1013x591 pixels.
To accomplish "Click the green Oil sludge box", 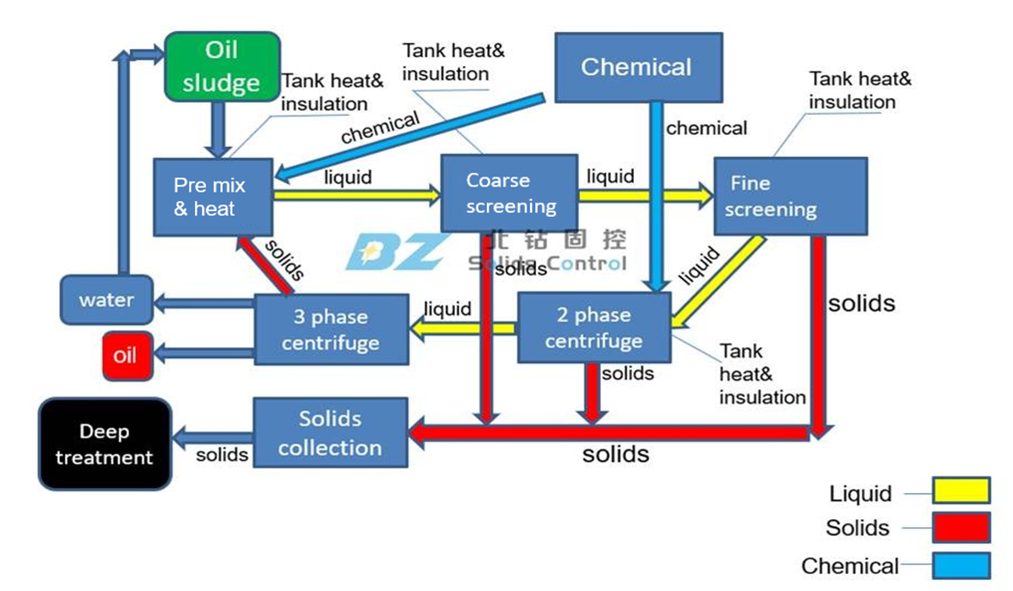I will (x=222, y=67).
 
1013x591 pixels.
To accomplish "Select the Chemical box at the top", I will (x=637, y=67).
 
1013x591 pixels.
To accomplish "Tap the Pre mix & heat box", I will (x=213, y=197).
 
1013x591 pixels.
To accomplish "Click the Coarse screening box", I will (x=509, y=193).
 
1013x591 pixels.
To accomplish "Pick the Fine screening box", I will (x=790, y=196).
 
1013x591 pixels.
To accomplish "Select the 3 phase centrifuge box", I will (x=331, y=329).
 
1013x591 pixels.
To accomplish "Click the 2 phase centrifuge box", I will (x=593, y=328).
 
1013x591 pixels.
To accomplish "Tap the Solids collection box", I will (x=330, y=433).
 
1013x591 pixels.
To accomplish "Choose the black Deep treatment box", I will (x=105, y=444).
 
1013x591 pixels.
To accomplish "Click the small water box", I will (x=106, y=300).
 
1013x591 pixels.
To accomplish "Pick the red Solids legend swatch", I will (x=961, y=528).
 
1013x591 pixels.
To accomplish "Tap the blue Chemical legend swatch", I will (x=961, y=565).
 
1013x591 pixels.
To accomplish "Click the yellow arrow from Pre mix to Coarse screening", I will (x=355, y=195).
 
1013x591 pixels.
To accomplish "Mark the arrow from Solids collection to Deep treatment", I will (x=213, y=436).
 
